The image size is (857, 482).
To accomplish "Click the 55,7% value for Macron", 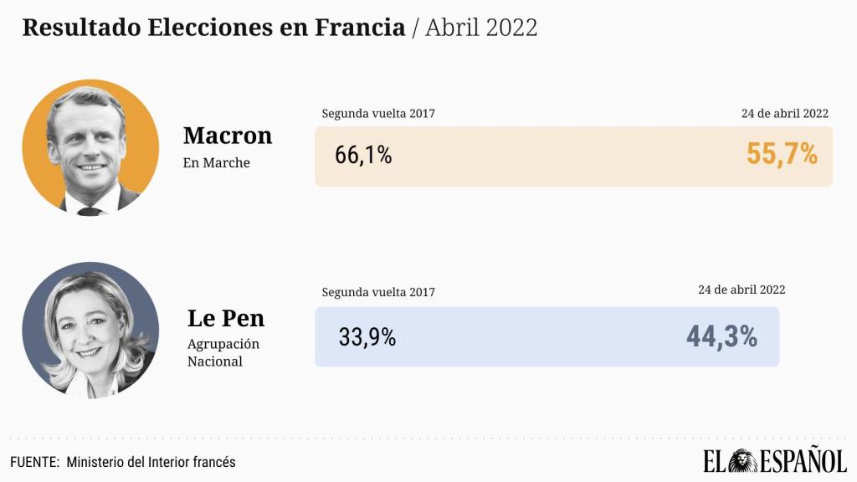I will click(x=782, y=154).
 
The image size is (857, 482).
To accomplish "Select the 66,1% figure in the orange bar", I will click(x=363, y=156).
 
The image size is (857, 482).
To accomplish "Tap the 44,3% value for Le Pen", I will click(x=721, y=336).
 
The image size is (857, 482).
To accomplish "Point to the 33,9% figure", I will click(x=367, y=337).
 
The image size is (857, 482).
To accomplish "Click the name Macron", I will click(x=228, y=135).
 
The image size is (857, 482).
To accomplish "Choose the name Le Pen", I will click(x=226, y=318).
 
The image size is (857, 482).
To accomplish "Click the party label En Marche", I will click(x=217, y=162).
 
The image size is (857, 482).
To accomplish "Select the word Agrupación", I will click(x=223, y=344).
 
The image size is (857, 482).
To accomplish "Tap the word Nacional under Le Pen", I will click(x=215, y=361).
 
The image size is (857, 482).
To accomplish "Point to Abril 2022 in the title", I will click(x=481, y=27).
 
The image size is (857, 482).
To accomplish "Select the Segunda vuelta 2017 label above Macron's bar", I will click(x=378, y=114).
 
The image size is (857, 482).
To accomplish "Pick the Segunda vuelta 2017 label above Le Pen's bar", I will click(x=378, y=292).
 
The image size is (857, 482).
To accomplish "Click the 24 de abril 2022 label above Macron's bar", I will click(x=785, y=114).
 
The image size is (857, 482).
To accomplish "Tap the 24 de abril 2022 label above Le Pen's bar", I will click(x=742, y=290).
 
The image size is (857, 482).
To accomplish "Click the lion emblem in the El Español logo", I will click(x=741, y=461).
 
